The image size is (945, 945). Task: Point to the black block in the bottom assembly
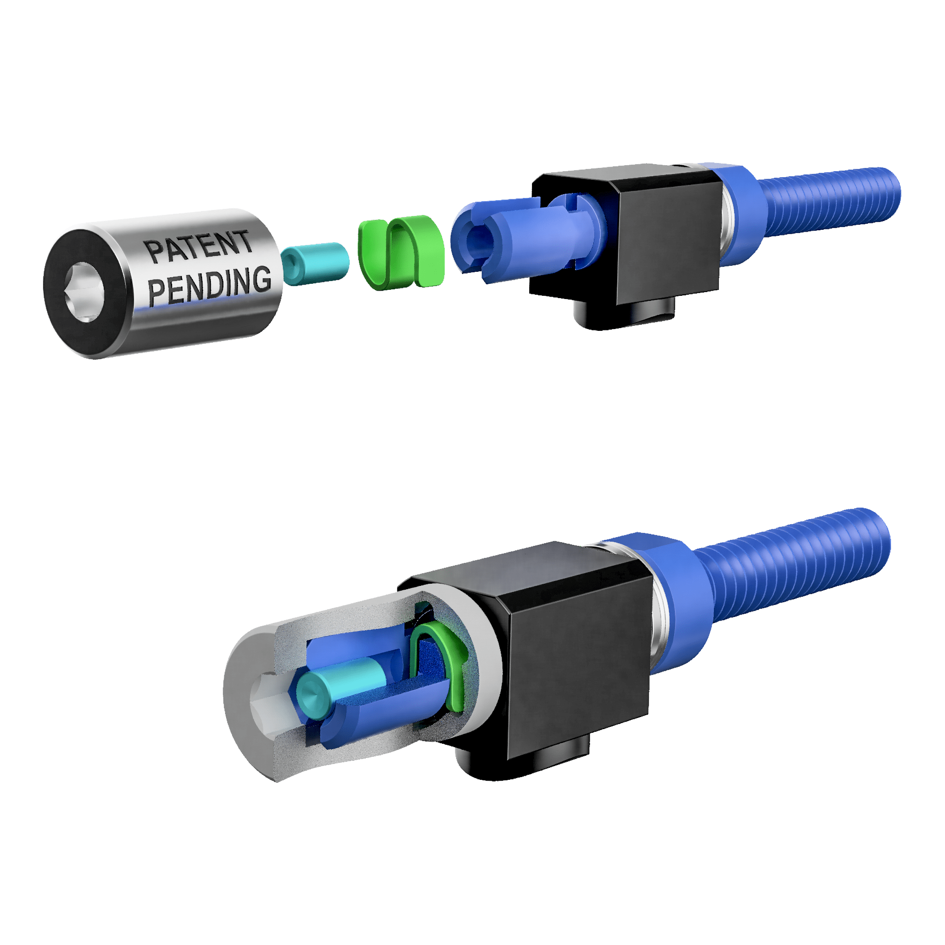[577, 655]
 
